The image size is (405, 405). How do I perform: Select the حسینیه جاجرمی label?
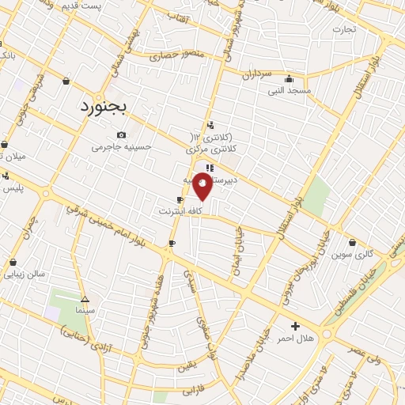[120, 146]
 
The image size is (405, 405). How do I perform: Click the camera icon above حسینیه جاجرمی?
[121, 134]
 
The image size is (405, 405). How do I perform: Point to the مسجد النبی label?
[289, 90]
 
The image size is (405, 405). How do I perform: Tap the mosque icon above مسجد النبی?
[289, 78]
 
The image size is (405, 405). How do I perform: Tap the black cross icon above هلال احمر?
[295, 326]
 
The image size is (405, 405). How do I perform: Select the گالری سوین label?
[352, 255]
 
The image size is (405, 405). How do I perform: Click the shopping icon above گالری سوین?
[352, 243]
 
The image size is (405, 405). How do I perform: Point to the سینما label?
[85, 311]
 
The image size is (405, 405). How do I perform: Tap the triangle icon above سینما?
[85, 300]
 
